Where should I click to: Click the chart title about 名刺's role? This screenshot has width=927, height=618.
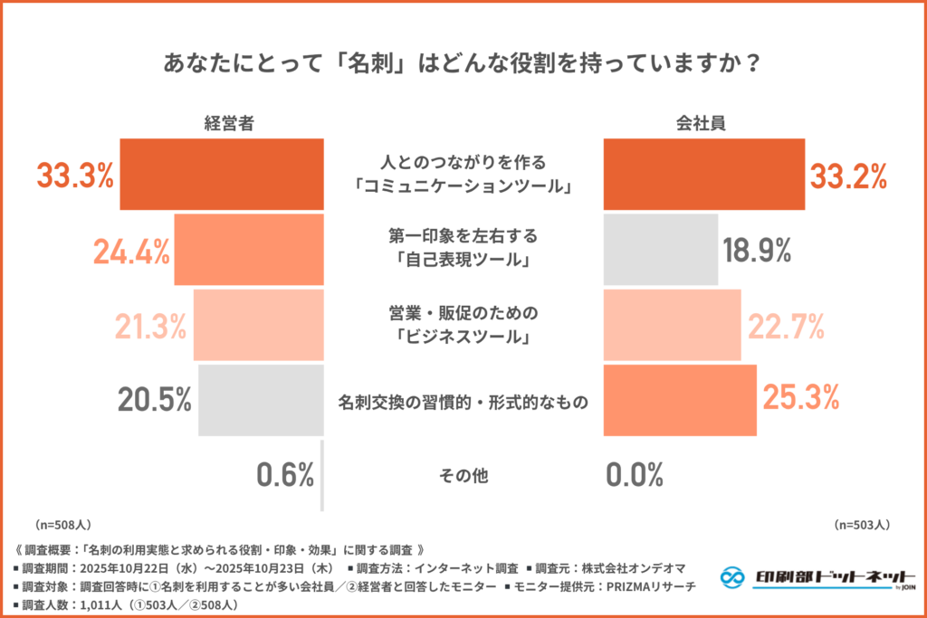pyautogui.click(x=463, y=65)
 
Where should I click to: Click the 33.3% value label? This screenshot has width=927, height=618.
pyautogui.click(x=75, y=175)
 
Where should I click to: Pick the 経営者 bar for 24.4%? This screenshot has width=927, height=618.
pyautogui.click(x=249, y=250)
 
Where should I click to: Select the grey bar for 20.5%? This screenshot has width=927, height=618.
pyautogui.click(x=261, y=399)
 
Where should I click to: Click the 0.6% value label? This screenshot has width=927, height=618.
pyautogui.click(x=283, y=474)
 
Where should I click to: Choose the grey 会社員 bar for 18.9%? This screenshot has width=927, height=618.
pyautogui.click(x=660, y=250)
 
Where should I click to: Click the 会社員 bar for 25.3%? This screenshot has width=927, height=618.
pyautogui.click(x=679, y=399)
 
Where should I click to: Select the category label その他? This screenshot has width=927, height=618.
pyautogui.click(x=463, y=475)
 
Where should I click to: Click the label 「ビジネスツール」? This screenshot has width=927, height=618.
pyautogui.click(x=463, y=338)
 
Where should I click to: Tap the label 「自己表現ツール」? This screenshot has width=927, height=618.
pyautogui.click(x=463, y=261)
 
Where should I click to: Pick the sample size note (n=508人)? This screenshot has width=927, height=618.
pyautogui.click(x=62, y=524)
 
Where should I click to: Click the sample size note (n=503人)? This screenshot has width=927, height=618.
pyautogui.click(x=862, y=524)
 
